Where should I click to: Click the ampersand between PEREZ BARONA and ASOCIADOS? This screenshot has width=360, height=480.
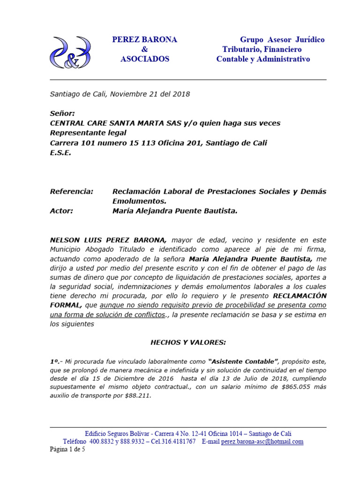point(144,50)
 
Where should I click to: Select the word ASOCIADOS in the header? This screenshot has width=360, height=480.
point(145,60)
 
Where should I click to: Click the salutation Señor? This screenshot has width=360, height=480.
point(62,113)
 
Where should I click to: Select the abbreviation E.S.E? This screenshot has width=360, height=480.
point(60,153)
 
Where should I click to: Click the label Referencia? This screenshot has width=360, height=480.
point(71,192)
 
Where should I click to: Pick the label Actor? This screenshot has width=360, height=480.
point(61,211)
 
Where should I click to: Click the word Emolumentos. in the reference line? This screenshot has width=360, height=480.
point(139,201)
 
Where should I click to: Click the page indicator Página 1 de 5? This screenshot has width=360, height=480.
point(67,450)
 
